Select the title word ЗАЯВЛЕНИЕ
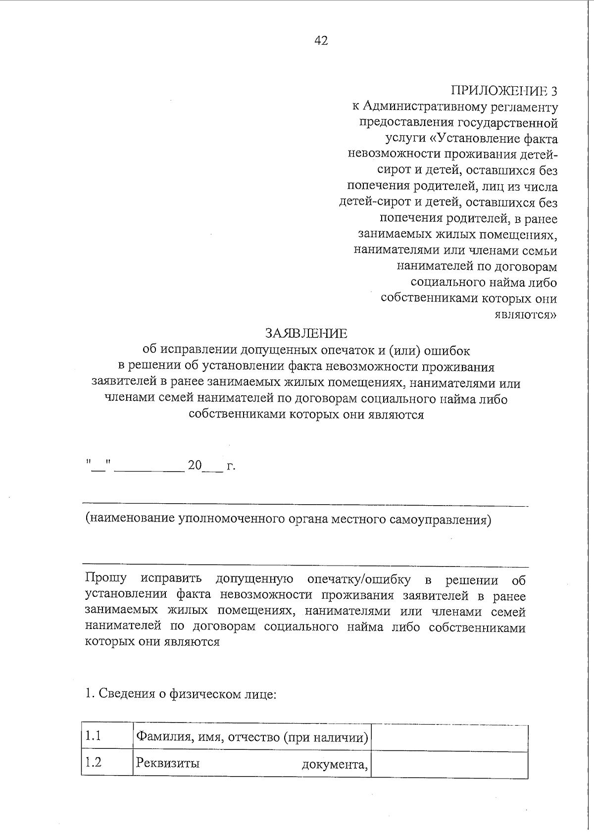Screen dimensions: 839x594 pos(306,332)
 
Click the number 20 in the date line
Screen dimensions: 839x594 pos(195,466)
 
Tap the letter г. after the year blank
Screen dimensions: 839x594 pos(231,467)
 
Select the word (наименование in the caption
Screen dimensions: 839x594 pos(130,519)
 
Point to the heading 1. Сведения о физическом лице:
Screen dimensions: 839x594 pos(180,694)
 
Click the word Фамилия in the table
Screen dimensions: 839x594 pos(160,737)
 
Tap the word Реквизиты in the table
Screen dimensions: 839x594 pos(168,763)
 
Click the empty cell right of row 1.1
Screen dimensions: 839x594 pos(449,738)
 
